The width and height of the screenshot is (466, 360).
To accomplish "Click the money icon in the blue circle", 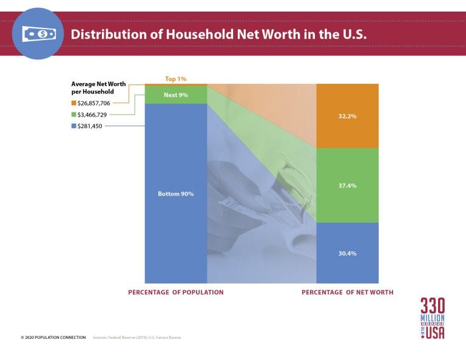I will click(x=39, y=34).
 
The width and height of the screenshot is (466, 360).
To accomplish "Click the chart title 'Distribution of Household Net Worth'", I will click(x=218, y=34).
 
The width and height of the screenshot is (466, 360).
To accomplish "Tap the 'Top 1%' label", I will click(x=176, y=79).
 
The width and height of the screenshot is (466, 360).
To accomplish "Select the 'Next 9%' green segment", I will click(x=176, y=95).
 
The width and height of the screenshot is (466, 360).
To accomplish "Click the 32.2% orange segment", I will click(x=348, y=116).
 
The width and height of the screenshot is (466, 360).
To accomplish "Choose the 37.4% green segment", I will click(x=348, y=185).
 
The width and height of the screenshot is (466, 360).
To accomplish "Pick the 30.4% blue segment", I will click(x=348, y=253).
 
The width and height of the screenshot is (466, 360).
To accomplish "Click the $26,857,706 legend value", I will click(x=94, y=103).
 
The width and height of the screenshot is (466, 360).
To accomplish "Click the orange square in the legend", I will click(x=73, y=103).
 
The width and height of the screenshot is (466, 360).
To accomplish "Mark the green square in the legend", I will click(x=73, y=114).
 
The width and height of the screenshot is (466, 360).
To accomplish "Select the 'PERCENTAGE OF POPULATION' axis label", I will click(x=175, y=292).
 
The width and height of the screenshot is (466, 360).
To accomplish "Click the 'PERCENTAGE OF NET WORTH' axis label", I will click(x=347, y=292).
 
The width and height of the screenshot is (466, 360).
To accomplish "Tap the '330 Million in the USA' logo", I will click(x=432, y=318).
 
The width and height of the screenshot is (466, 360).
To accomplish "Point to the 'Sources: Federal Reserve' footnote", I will click(x=137, y=337).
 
